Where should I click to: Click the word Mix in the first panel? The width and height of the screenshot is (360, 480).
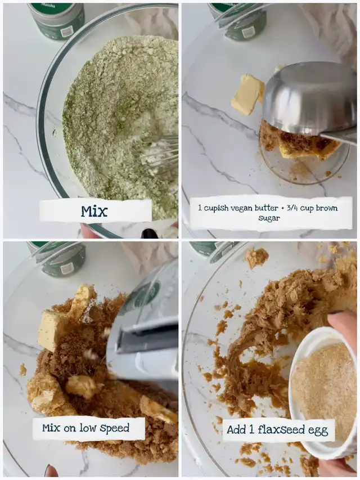click(94, 211)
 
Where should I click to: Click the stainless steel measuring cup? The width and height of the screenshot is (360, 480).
click(309, 101)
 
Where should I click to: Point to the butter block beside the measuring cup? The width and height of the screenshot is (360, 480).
click(247, 95)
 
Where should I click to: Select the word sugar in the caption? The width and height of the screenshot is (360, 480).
click(269, 218)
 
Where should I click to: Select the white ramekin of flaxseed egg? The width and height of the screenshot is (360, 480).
click(322, 392)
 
